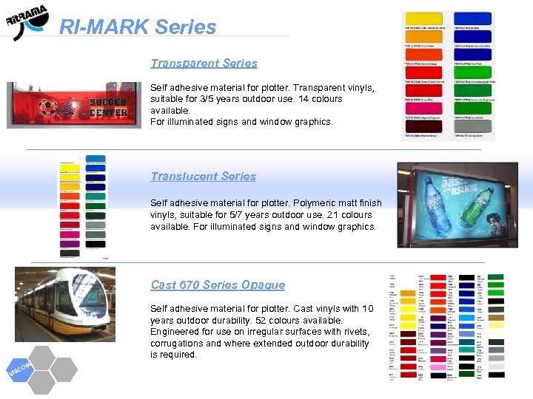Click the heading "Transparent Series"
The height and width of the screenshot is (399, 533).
pos(204,64)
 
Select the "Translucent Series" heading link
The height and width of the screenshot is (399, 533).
pos(203,177)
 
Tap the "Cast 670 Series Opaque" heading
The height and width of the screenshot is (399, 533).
pos(218,285)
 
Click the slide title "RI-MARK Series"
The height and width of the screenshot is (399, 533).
pos(138,27)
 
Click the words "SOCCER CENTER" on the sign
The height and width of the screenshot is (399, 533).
pos(108,106)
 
